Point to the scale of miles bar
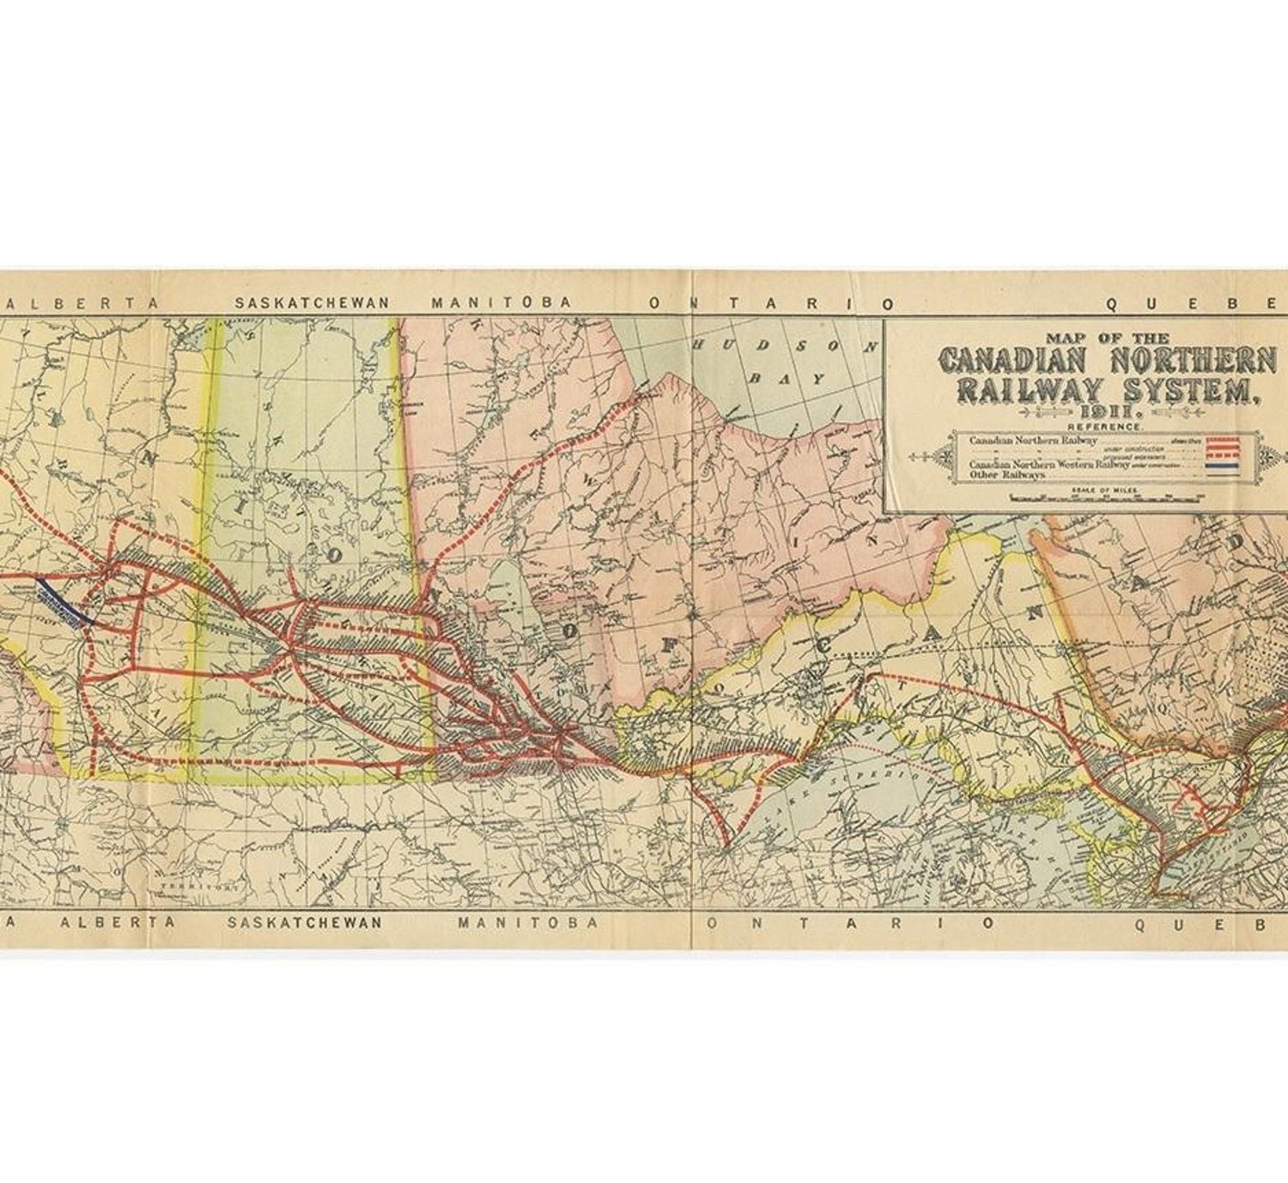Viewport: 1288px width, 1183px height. click(1108, 497)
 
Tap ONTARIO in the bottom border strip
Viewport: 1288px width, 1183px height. click(849, 923)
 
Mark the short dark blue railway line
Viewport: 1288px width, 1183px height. click(65, 600)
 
